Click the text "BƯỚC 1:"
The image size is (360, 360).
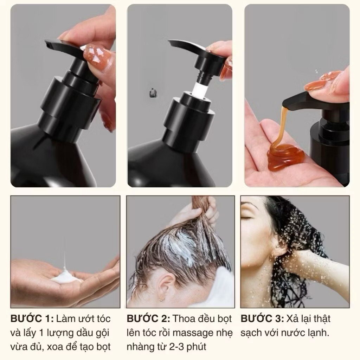click(32, 319)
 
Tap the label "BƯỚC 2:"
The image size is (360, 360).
click(148, 319)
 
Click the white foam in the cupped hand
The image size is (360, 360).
click(65, 276)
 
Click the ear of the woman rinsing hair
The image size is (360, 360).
click(278, 250)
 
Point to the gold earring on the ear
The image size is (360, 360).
click(162, 299)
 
